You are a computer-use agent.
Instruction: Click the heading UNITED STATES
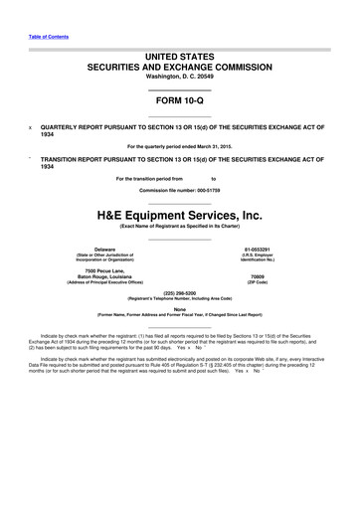point(179,61)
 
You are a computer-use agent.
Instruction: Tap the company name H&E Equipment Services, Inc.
point(179,213)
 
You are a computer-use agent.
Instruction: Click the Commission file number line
point(179,189)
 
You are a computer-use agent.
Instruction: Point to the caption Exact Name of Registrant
point(179,227)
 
